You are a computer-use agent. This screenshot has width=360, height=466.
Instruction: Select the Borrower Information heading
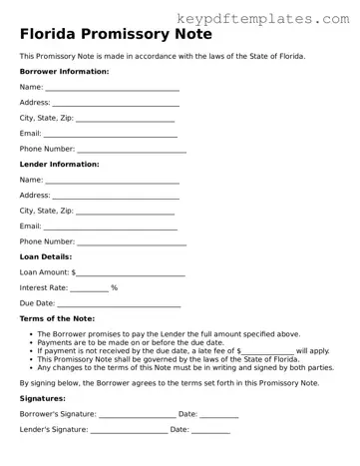65,73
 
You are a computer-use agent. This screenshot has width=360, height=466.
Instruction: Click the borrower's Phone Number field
132,151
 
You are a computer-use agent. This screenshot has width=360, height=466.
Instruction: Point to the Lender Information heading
60,164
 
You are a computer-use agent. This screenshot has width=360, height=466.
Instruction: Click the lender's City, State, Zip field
125,213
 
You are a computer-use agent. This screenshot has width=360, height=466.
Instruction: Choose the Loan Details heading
46,256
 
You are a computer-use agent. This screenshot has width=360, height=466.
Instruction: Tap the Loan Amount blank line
131,273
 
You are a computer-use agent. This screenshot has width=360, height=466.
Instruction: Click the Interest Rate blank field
89,289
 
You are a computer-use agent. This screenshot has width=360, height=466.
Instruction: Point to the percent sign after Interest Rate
115,287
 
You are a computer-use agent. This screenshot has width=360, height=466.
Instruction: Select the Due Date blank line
119,304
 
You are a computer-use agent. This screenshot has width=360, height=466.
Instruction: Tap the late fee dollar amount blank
270,352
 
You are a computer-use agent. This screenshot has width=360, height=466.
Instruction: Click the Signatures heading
43,398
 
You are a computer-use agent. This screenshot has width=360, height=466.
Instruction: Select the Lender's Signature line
130,431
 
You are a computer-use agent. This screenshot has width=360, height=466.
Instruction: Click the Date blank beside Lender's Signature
210,431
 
